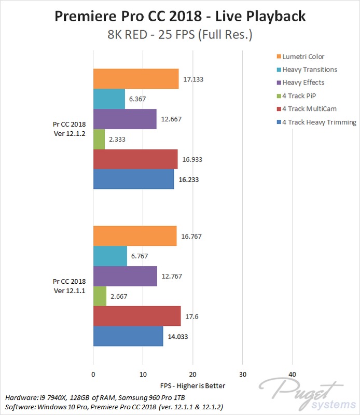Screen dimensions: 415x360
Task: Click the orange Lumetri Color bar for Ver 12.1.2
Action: (x=136, y=79)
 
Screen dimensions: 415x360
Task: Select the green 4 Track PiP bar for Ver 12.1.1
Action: (x=100, y=296)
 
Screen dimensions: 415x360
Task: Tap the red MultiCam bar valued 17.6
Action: (x=137, y=316)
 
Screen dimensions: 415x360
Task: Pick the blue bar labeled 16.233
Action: (x=133, y=179)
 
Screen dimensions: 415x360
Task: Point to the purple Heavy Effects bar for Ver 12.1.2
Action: (x=124, y=119)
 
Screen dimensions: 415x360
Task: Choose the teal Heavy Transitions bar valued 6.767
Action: (x=110, y=256)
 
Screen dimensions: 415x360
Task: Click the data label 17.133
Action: (x=193, y=79)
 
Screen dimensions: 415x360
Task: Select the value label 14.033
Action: (x=177, y=336)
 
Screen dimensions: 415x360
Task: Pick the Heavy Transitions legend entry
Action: (x=309, y=70)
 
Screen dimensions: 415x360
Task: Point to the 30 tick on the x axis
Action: (x=242, y=374)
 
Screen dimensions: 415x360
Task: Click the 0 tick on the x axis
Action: (x=93, y=374)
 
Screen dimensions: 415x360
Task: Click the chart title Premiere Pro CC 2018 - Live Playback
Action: (x=180, y=17)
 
